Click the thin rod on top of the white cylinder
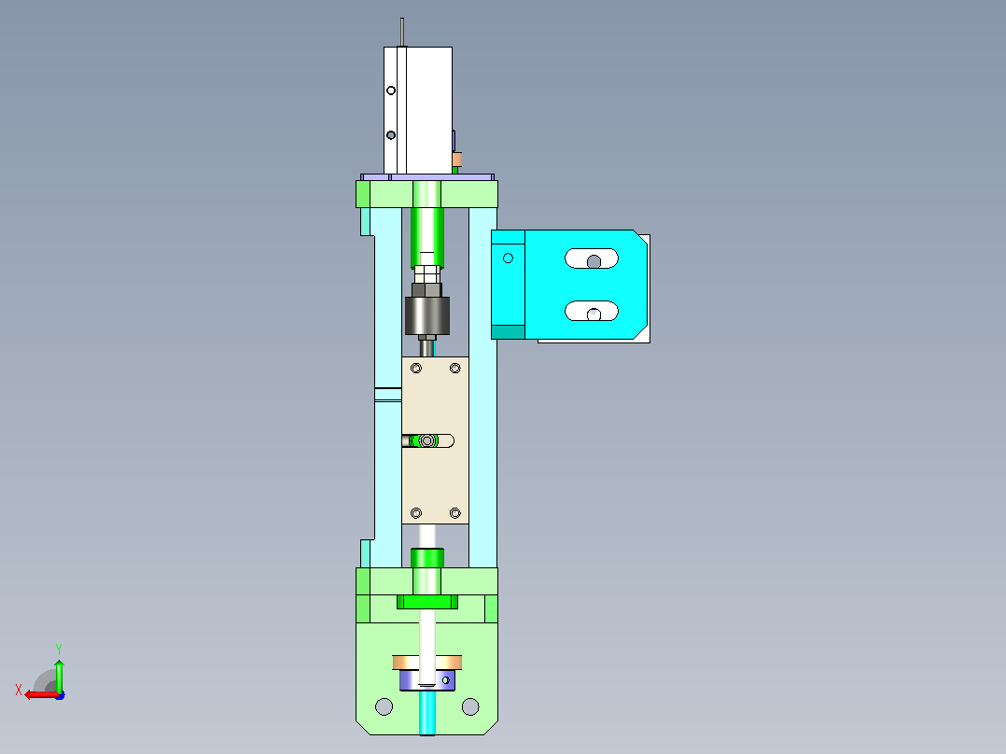401,32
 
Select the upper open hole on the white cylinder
391,91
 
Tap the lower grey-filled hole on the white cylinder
391,135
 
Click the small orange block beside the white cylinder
457,160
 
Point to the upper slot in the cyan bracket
592,258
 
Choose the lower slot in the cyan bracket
592,312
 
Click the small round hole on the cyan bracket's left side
508,258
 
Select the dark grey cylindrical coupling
427,315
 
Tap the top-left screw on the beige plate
416,369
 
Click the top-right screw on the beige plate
454,369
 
